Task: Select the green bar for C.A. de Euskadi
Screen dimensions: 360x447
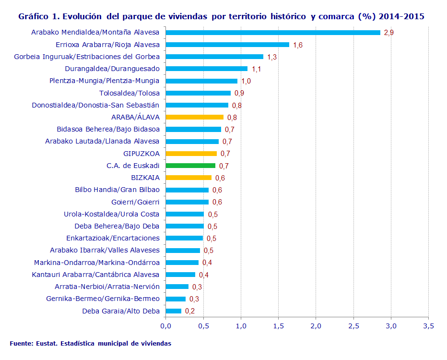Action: click(x=190, y=166)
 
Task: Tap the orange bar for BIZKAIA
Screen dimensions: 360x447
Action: click(x=188, y=178)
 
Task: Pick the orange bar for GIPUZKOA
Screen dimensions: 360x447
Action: click(x=191, y=154)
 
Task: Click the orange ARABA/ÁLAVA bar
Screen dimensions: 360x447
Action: click(x=194, y=117)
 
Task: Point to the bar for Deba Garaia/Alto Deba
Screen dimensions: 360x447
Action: click(x=173, y=311)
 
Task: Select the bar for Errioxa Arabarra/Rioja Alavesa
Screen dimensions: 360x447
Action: click(x=227, y=45)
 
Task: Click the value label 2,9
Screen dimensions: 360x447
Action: click(x=389, y=33)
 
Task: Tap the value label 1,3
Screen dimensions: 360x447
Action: click(x=272, y=57)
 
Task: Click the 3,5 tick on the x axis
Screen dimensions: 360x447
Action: click(x=428, y=326)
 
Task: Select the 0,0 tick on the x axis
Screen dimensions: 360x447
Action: click(x=165, y=326)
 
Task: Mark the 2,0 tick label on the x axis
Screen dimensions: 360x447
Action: click(x=316, y=326)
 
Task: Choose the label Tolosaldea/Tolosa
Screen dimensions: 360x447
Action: click(x=129, y=93)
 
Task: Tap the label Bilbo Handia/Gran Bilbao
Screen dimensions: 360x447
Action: click(x=117, y=190)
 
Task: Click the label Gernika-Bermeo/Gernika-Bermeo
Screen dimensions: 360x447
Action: click(x=103, y=299)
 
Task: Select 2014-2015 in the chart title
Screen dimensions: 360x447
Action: click(x=401, y=16)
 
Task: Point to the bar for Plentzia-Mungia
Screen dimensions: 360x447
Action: click(x=201, y=81)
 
